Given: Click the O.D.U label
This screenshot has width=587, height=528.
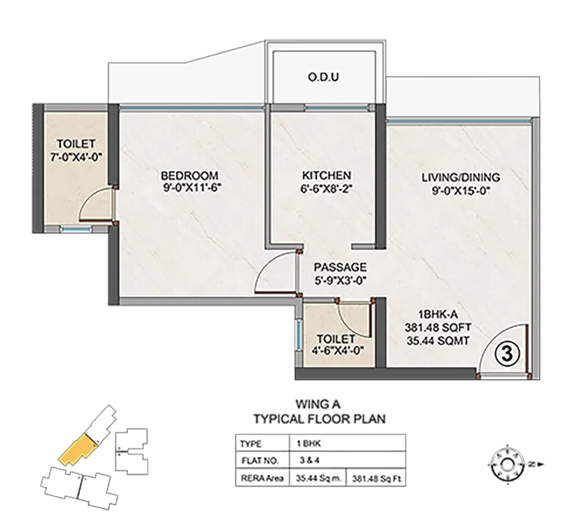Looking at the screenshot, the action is click(323, 77).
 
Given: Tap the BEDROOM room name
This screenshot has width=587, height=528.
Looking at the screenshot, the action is click(190, 175).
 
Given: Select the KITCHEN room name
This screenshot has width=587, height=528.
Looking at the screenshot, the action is click(326, 175).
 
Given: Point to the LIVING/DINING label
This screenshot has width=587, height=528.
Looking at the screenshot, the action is click(461, 177).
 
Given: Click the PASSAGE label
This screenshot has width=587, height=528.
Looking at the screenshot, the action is click(340, 267).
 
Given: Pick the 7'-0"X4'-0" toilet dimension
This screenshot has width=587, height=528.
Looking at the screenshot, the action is click(76, 158).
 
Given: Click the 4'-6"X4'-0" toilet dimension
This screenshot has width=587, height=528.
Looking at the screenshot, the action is click(335, 351).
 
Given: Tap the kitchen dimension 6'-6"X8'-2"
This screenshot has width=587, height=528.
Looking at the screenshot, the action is click(326, 188).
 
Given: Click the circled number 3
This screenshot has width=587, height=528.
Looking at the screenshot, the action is click(507, 354).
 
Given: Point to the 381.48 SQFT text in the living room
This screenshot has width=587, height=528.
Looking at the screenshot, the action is click(438, 327).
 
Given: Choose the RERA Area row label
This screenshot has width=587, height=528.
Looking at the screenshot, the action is click(262, 478).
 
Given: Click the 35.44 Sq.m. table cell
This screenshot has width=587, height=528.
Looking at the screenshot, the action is click(319, 478).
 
